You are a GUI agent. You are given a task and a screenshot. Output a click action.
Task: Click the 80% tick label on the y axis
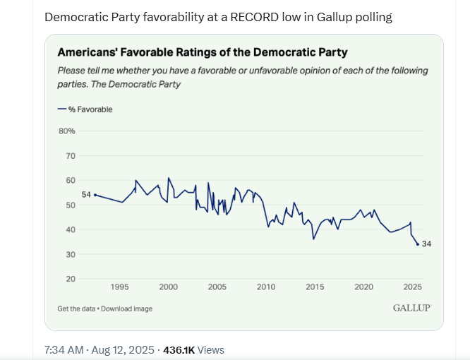(x=66, y=131)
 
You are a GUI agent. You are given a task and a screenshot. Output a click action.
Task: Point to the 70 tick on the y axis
(x=71, y=156)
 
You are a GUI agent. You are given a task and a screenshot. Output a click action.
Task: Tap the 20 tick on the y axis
(x=71, y=279)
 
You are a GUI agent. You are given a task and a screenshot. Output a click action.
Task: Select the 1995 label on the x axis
(x=119, y=287)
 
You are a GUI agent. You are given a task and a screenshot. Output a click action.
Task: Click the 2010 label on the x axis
(x=266, y=287)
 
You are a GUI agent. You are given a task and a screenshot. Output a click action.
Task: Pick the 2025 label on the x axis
(x=412, y=287)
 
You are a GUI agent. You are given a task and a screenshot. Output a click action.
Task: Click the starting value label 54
(x=86, y=195)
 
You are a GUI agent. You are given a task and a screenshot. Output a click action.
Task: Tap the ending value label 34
(x=426, y=244)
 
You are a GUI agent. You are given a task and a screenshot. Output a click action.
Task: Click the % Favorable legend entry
(x=85, y=109)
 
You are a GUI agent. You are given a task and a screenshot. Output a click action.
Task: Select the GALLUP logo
(x=411, y=308)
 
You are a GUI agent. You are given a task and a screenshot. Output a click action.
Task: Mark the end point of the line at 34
(x=418, y=244)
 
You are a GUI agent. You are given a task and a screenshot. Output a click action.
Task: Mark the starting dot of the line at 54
(x=95, y=195)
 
